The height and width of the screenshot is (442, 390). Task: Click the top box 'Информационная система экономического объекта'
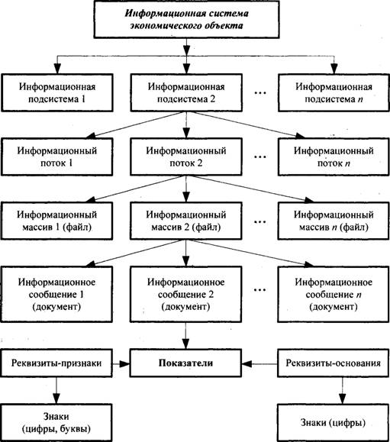186,19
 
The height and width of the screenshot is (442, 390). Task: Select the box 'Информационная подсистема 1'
57,92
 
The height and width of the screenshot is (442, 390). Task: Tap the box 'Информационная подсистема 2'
186,92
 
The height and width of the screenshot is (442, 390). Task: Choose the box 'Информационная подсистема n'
334,92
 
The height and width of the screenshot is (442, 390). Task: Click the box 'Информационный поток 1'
56,156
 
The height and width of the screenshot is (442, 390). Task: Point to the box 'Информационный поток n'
334,156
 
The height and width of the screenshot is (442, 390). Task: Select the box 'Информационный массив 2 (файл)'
185,221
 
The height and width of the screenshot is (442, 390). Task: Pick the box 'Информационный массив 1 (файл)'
56,221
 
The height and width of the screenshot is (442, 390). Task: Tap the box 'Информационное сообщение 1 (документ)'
56,294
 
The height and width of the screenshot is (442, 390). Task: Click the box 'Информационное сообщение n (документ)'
334,294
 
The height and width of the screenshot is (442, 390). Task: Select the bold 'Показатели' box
185,363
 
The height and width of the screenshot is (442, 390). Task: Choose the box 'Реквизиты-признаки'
56,363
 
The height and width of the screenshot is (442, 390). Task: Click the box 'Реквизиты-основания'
334,363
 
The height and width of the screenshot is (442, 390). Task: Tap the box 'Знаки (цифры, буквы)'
56,423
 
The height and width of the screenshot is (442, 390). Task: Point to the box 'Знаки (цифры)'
334,423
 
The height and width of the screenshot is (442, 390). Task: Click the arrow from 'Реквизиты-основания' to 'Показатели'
259,364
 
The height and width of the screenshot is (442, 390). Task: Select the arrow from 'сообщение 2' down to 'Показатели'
185,336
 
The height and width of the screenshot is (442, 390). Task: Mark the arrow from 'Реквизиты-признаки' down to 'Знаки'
56,390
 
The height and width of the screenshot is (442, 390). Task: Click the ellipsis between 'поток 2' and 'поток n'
260,157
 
